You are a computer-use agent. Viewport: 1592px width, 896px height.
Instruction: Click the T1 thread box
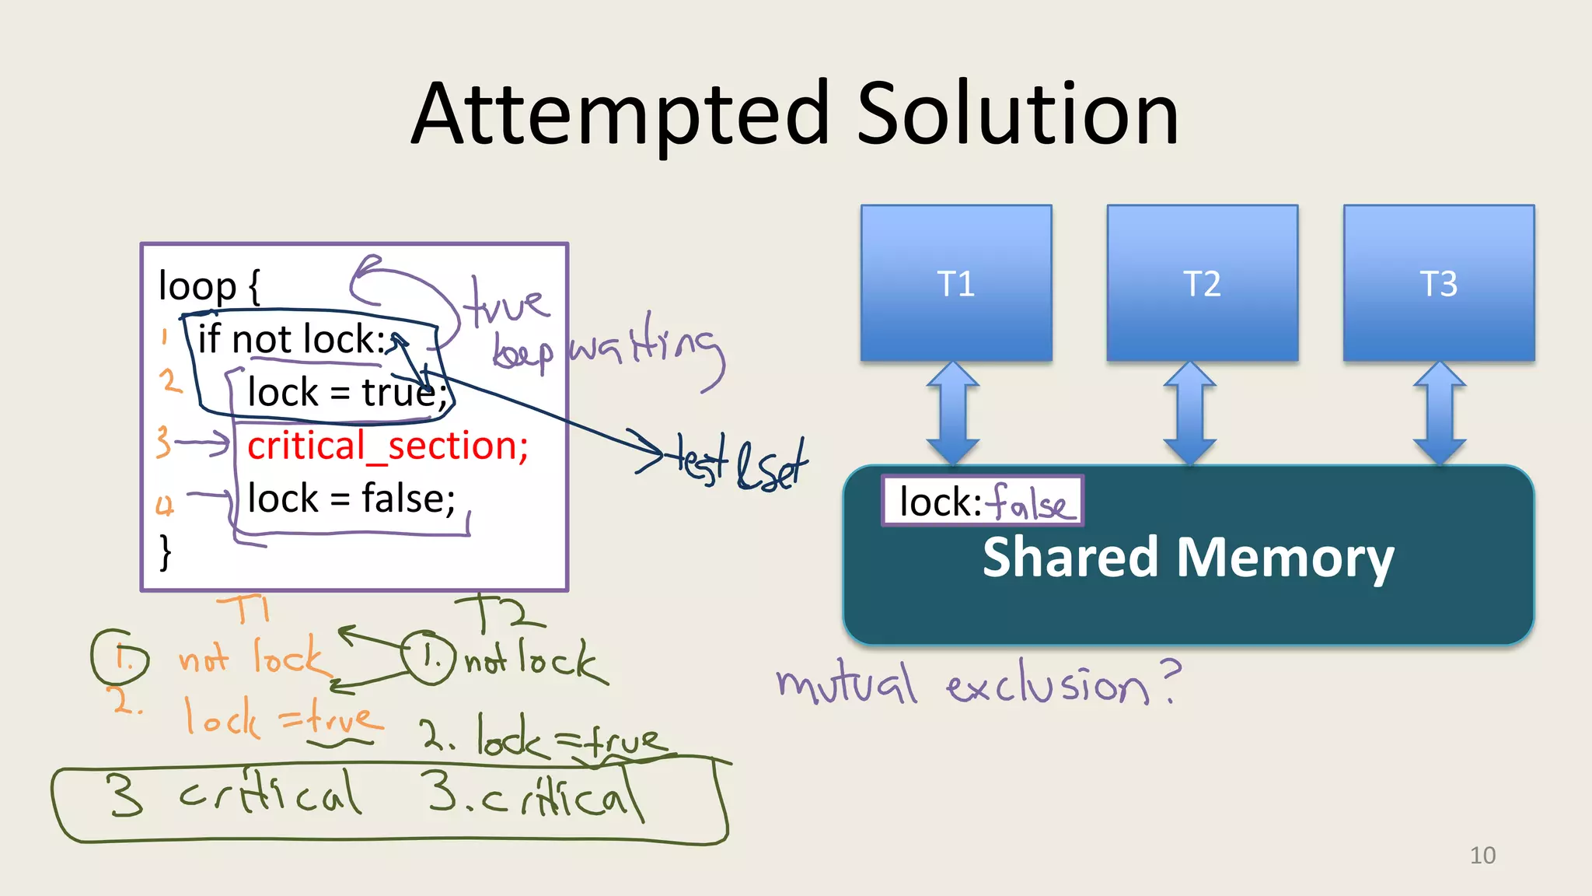point(956,283)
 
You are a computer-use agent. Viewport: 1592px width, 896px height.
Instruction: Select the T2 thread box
point(1202,283)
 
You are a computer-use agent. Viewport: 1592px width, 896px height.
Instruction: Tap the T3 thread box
point(1438,283)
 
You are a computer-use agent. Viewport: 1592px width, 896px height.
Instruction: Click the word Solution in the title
point(1018,115)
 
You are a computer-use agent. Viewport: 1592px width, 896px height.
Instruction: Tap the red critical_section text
point(387,446)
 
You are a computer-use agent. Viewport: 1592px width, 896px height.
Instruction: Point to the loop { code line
point(209,285)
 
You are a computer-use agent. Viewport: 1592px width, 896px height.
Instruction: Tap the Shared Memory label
point(1188,558)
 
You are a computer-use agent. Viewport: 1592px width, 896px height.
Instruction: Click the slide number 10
point(1482,856)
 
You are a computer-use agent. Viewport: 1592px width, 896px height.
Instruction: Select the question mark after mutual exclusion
point(1170,680)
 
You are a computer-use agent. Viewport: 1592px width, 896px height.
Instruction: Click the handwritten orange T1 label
point(244,608)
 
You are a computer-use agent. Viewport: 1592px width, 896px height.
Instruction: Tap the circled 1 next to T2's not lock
point(428,657)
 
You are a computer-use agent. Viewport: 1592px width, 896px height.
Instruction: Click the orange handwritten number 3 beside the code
point(162,442)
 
